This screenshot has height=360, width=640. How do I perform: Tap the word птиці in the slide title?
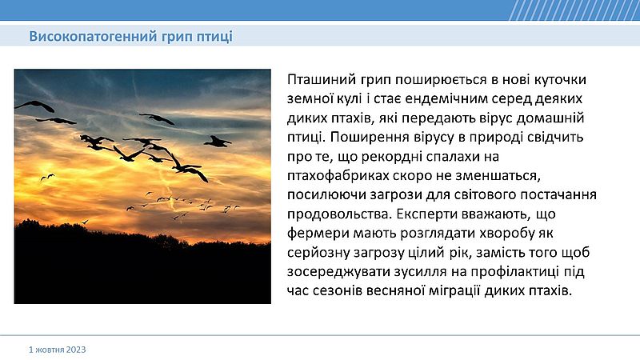pos(214,37)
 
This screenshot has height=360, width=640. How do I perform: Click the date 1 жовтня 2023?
pos(57,350)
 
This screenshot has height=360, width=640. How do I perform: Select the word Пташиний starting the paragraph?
pos(322,78)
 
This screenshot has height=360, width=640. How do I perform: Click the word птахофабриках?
pos(338,176)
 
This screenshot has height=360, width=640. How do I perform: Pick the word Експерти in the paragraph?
pos(426,214)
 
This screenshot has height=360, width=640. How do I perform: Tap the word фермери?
pos(318,234)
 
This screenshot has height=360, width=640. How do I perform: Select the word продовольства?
pos(338,214)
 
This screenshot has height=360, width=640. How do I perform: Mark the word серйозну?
pos(318,253)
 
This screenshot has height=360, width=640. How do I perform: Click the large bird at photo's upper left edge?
pos(35,106)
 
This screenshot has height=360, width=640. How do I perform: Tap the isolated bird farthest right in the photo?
pos(217,142)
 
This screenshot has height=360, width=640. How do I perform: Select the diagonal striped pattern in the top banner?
pos(574,10)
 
